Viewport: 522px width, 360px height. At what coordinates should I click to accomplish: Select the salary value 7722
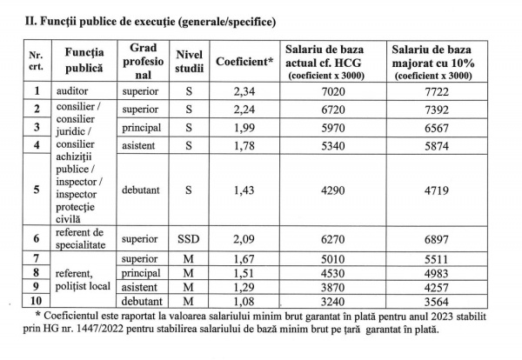[441, 91]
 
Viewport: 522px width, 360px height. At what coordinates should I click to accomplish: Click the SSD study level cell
[191, 239]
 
